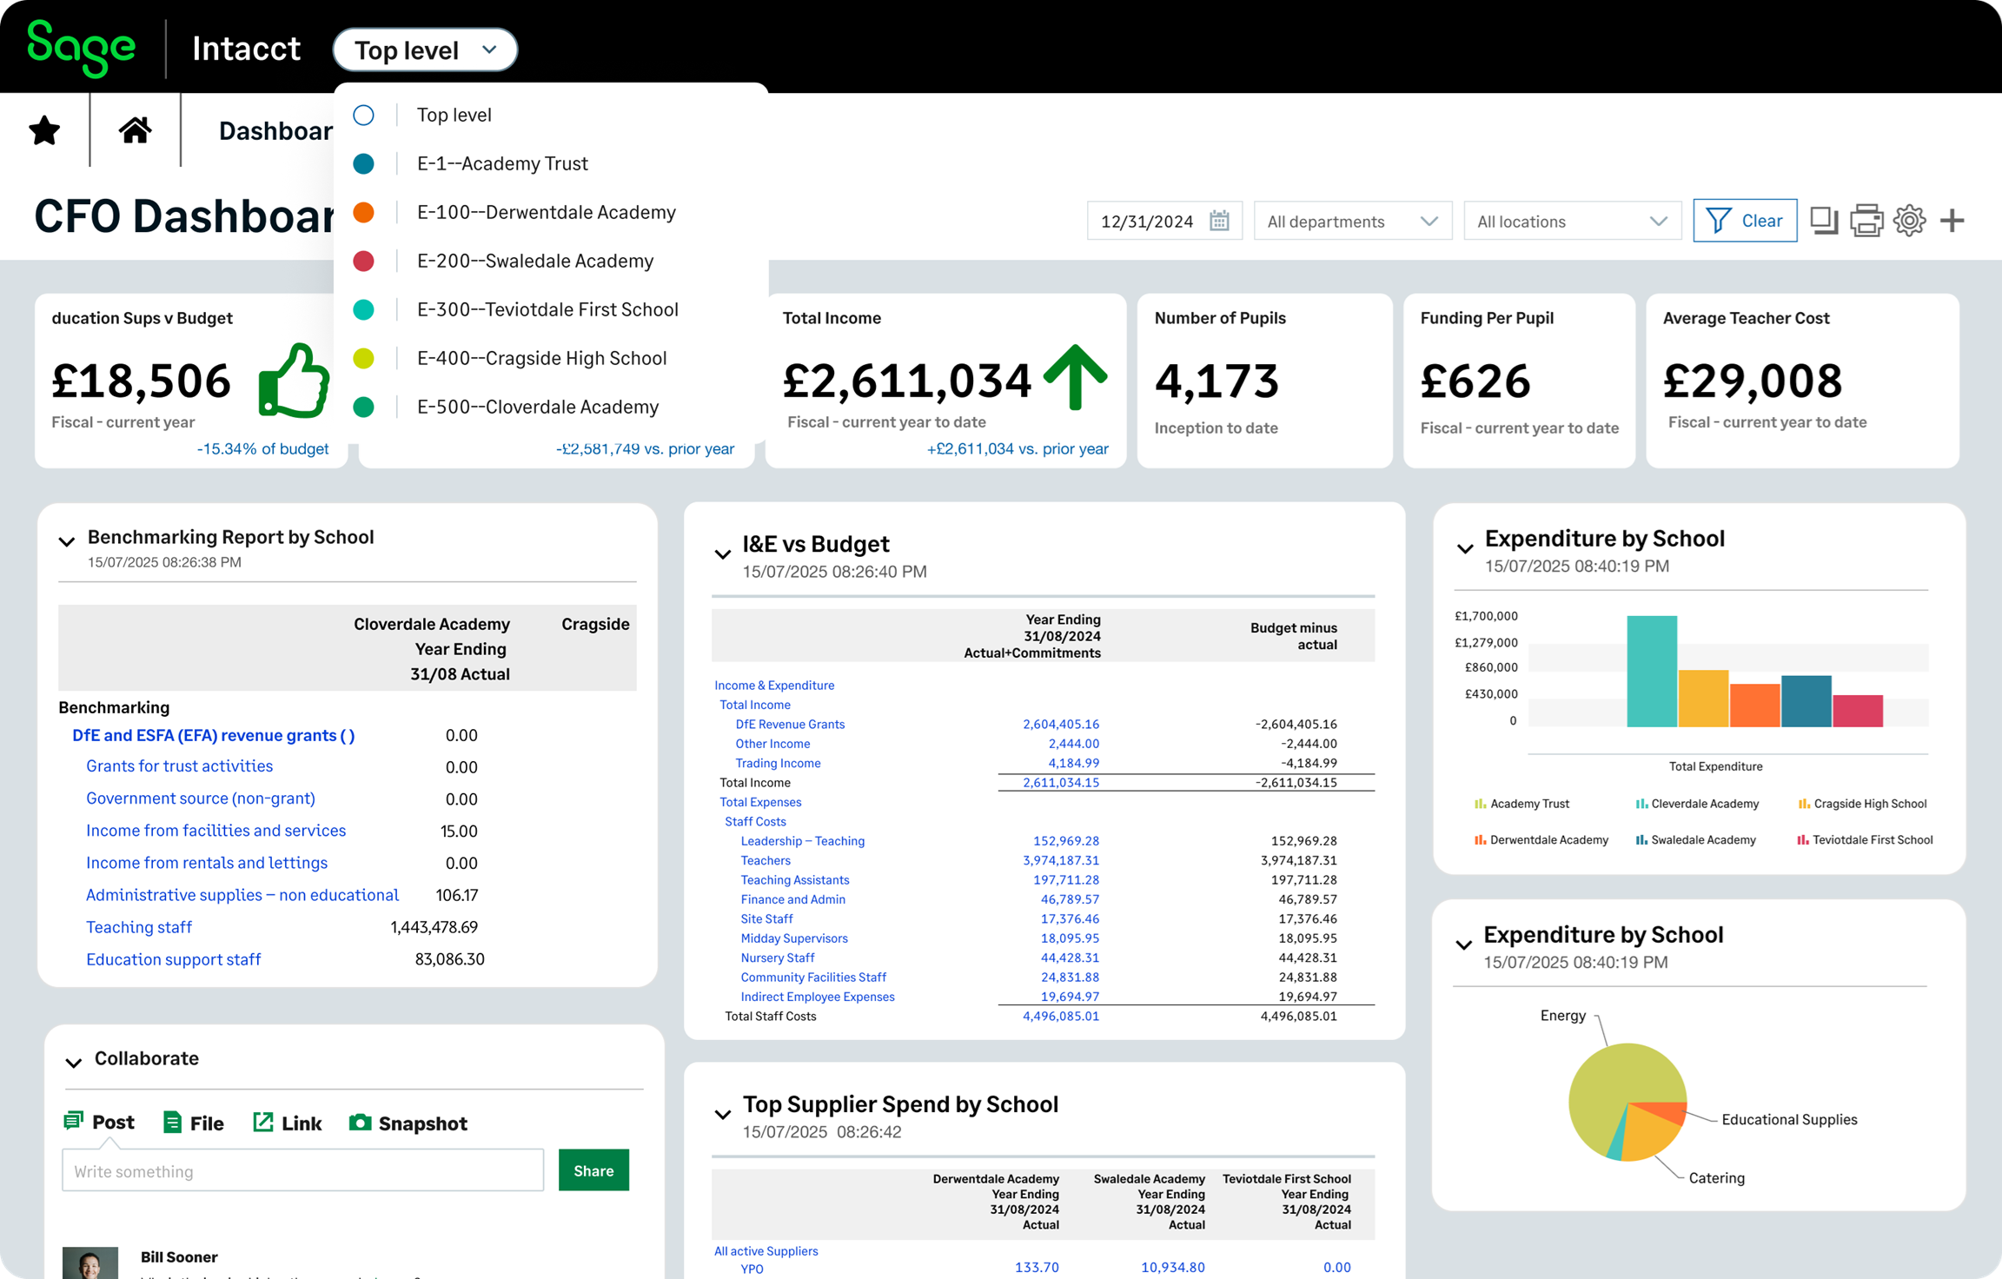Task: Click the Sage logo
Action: (81, 49)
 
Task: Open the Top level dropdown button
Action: (425, 50)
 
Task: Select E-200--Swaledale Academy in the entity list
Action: (534, 261)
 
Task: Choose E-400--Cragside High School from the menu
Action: (541, 358)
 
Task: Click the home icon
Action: (135, 130)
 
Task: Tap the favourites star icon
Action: (44, 130)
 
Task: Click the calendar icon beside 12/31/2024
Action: (1219, 221)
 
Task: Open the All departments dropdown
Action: (1351, 222)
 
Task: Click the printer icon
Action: (1866, 221)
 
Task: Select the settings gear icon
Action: (1909, 221)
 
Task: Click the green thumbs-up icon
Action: (294, 381)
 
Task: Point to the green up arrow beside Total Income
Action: (1075, 376)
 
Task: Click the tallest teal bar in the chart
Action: (1651, 671)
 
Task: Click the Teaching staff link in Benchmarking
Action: (139, 927)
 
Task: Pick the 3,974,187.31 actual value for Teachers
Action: (1060, 860)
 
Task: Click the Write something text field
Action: (302, 1170)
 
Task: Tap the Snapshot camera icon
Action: (360, 1123)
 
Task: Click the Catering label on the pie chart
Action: (1716, 1178)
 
